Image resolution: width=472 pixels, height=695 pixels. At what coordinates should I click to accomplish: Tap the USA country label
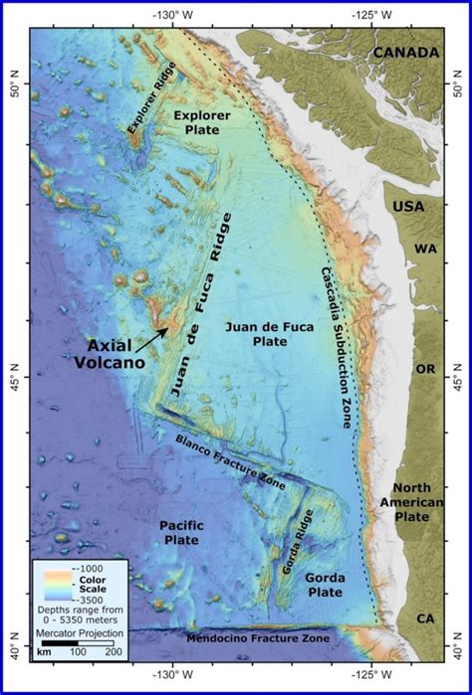pyautogui.click(x=408, y=206)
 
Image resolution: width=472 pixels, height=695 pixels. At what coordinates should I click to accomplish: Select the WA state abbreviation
pyautogui.click(x=425, y=249)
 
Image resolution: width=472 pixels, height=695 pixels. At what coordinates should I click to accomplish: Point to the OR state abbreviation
pyautogui.click(x=425, y=369)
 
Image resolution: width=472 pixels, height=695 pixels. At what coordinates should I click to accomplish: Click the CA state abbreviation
pyautogui.click(x=425, y=618)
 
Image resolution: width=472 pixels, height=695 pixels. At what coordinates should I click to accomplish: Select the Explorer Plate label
pyautogui.click(x=202, y=123)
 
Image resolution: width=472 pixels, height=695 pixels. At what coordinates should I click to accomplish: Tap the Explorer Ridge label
pyautogui.click(x=152, y=107)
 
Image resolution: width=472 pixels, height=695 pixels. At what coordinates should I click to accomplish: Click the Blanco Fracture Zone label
pyautogui.click(x=230, y=459)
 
